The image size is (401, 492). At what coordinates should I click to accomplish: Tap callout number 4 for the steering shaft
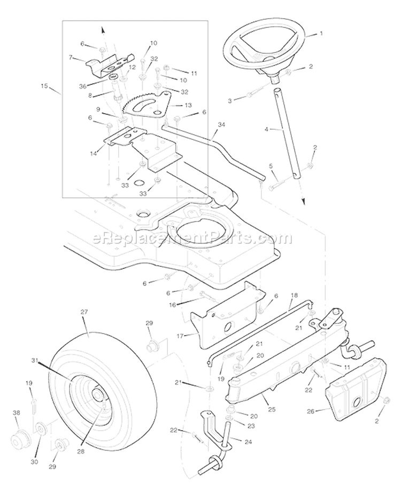point(265,129)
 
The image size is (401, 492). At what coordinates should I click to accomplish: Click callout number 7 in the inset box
point(71,57)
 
